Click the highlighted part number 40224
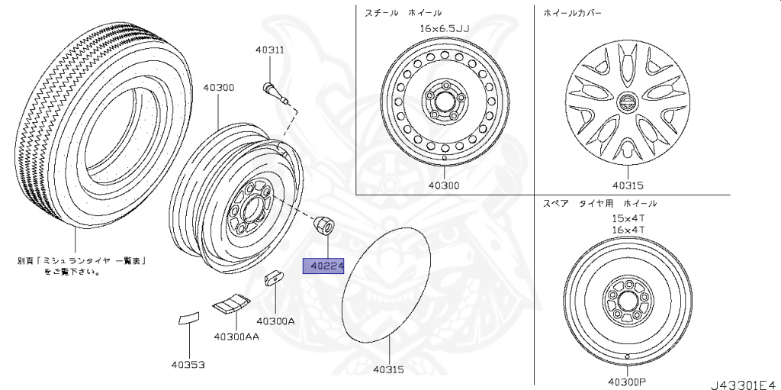click(323, 267)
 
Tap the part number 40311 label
click(269, 50)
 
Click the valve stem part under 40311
click(275, 95)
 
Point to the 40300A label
click(275, 321)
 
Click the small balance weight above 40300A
click(274, 279)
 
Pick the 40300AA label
click(236, 337)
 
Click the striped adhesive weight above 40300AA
click(231, 303)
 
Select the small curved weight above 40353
click(189, 318)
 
